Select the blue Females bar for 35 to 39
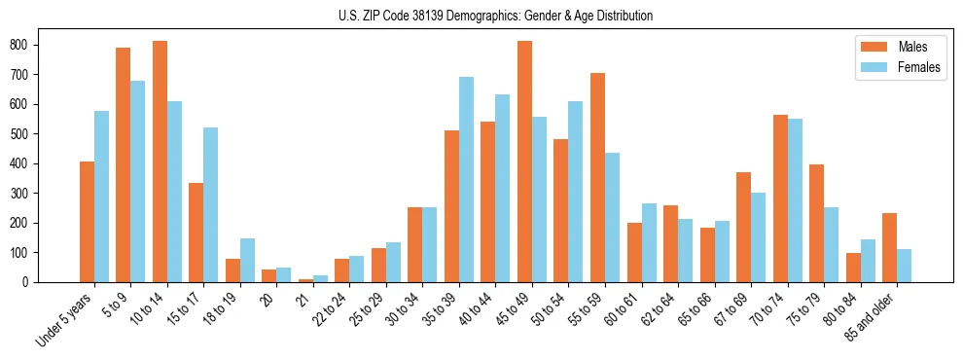click(x=466, y=180)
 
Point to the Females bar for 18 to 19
click(x=247, y=261)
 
